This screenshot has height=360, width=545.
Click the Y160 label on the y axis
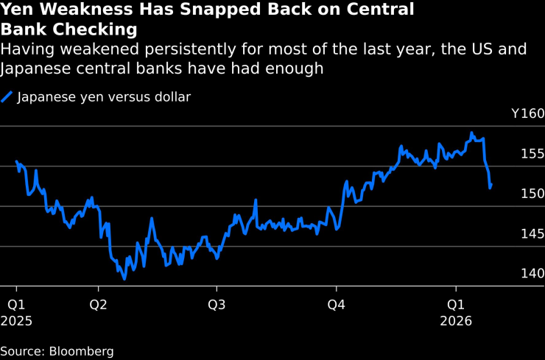tap(527, 114)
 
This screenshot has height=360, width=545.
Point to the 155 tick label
tap(532, 154)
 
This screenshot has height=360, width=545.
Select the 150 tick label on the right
tap(532, 194)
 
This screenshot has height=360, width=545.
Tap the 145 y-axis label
tap(532, 233)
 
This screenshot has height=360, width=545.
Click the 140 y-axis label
tap(532, 273)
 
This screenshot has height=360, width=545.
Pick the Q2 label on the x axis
tap(98, 304)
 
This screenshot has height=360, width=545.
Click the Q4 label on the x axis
tap(337, 304)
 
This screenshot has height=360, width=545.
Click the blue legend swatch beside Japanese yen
tap(7, 96)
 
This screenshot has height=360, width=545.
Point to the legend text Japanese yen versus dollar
tap(104, 96)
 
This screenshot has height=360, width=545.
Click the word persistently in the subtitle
tap(203, 49)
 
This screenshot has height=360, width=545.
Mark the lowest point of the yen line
tap(124, 279)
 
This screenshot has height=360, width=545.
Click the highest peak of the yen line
tap(472, 133)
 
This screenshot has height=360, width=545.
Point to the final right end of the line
tap(491, 185)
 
